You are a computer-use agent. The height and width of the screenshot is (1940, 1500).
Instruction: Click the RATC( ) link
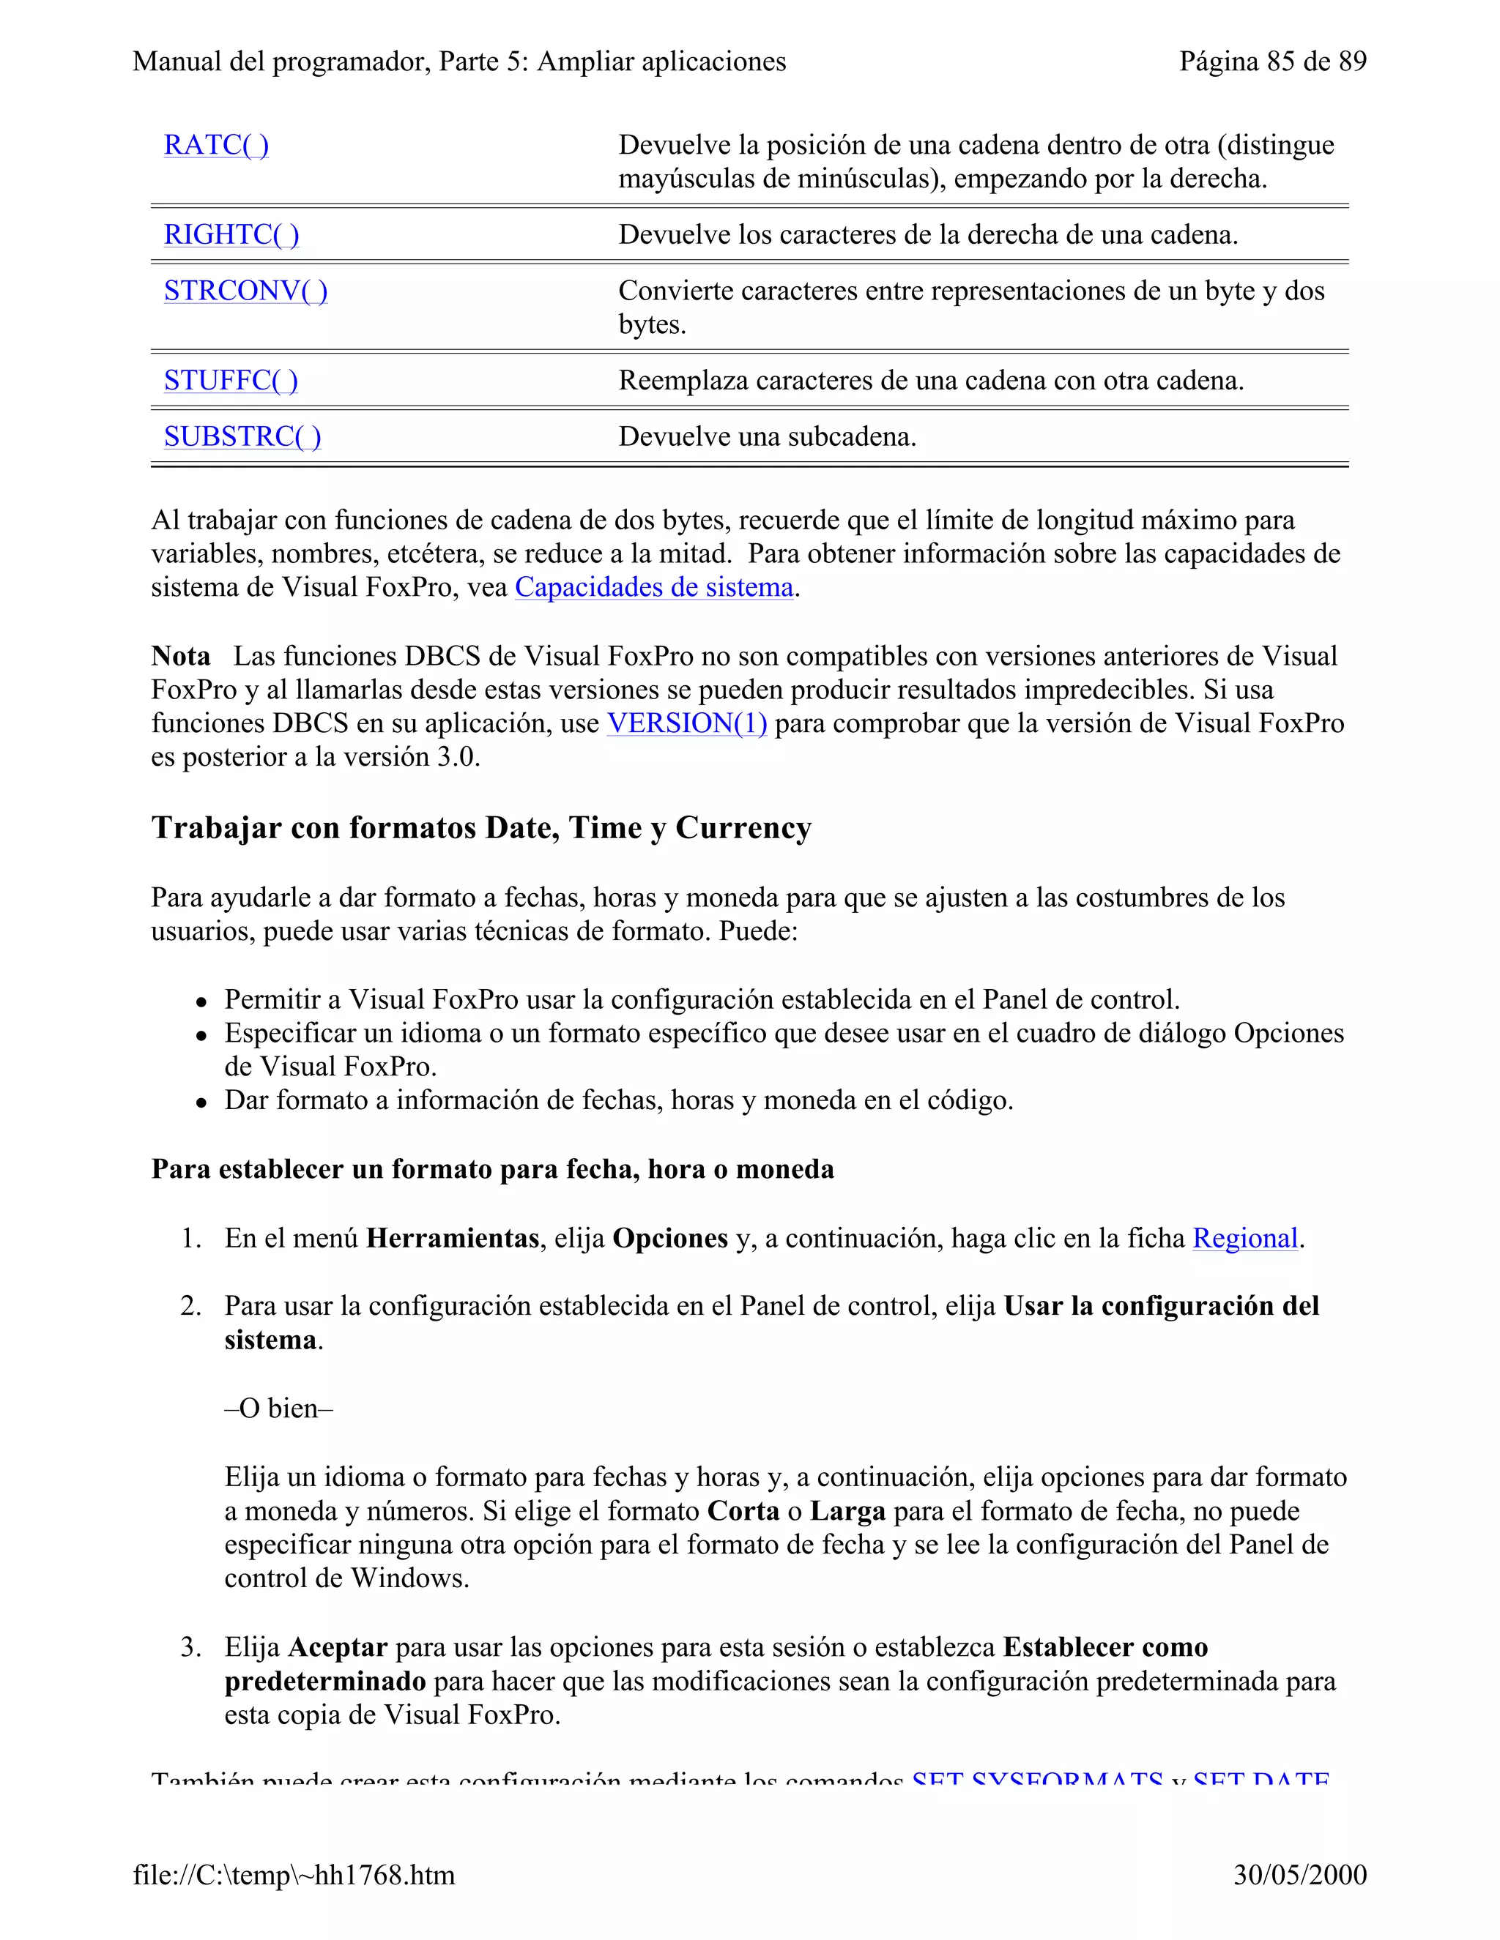[216, 145]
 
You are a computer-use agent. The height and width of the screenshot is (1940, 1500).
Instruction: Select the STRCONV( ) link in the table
[245, 291]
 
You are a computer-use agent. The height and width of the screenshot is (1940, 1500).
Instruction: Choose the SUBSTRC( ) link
[242, 436]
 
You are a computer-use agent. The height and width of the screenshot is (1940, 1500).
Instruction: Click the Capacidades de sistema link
[654, 587]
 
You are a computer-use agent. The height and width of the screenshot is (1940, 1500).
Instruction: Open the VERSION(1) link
[687, 723]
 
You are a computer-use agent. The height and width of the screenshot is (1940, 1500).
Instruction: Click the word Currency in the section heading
[743, 827]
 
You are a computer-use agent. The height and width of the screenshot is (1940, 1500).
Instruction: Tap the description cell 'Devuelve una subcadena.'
[767, 436]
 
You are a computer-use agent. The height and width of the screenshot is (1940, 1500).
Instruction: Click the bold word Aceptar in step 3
[338, 1647]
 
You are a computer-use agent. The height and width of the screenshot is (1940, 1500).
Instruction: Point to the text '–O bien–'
[278, 1408]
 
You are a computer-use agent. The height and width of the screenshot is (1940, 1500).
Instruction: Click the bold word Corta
[743, 1511]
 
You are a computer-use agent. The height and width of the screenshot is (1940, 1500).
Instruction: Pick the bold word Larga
[847, 1511]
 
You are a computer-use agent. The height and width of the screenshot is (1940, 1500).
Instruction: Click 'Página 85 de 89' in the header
[1272, 61]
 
